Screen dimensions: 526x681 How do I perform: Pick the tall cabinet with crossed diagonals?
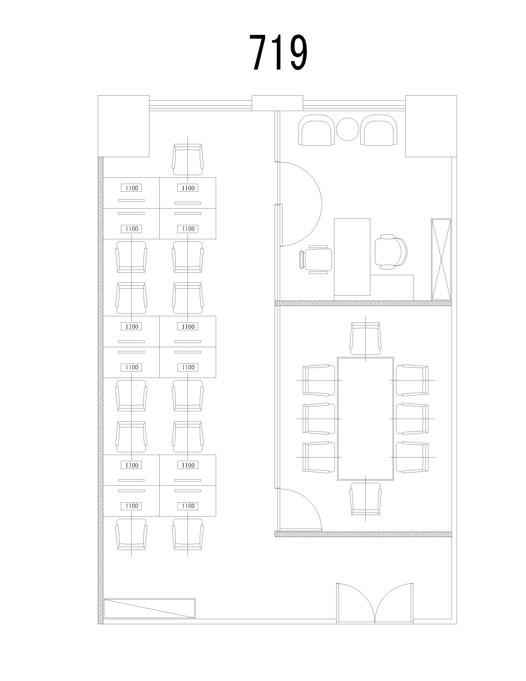click(441, 260)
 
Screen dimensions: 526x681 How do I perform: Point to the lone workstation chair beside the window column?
click(188, 160)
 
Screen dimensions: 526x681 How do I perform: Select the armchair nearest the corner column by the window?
click(379, 130)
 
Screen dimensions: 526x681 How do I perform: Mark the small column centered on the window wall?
click(277, 103)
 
